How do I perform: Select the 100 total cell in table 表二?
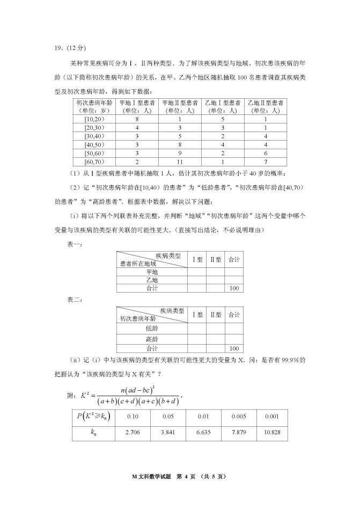pyautogui.click(x=233, y=348)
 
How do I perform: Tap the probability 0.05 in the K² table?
pyautogui.click(x=170, y=416)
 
